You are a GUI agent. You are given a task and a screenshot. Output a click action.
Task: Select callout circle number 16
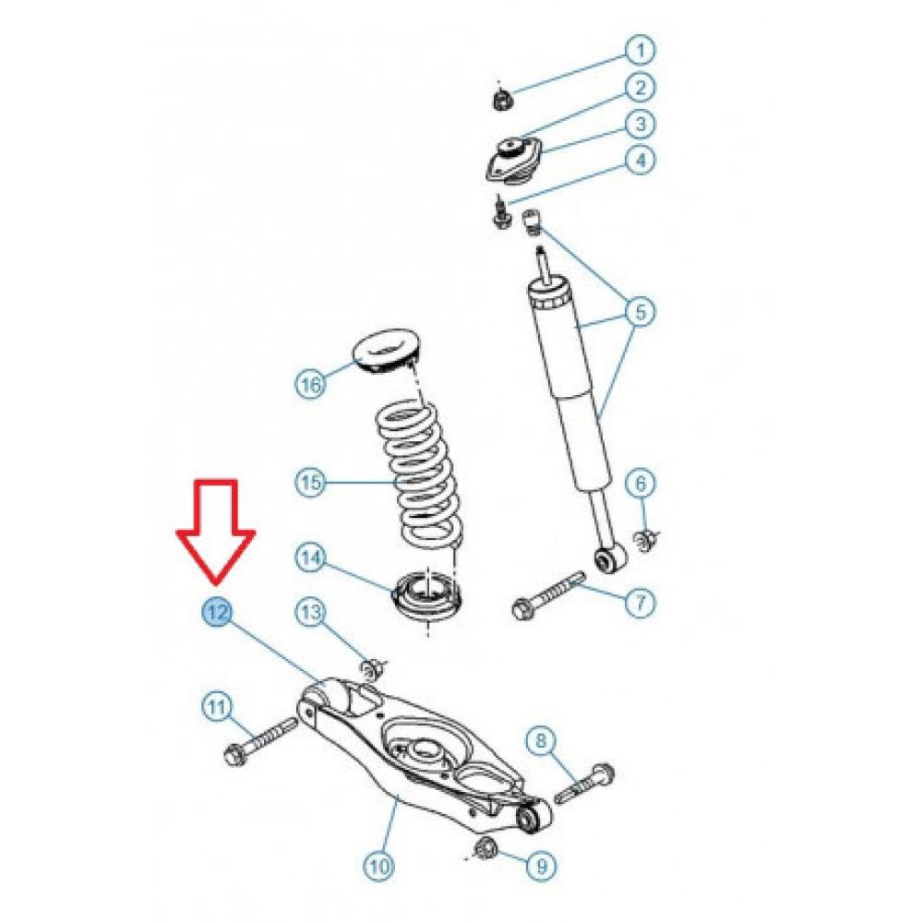[x=311, y=383]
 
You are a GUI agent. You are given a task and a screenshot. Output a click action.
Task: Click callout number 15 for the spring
[x=311, y=481]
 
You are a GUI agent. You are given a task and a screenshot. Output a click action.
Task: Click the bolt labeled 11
[x=259, y=740]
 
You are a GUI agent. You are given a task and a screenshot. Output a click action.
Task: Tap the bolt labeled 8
[x=587, y=783]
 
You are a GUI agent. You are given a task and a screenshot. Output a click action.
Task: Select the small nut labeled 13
[x=373, y=666]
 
